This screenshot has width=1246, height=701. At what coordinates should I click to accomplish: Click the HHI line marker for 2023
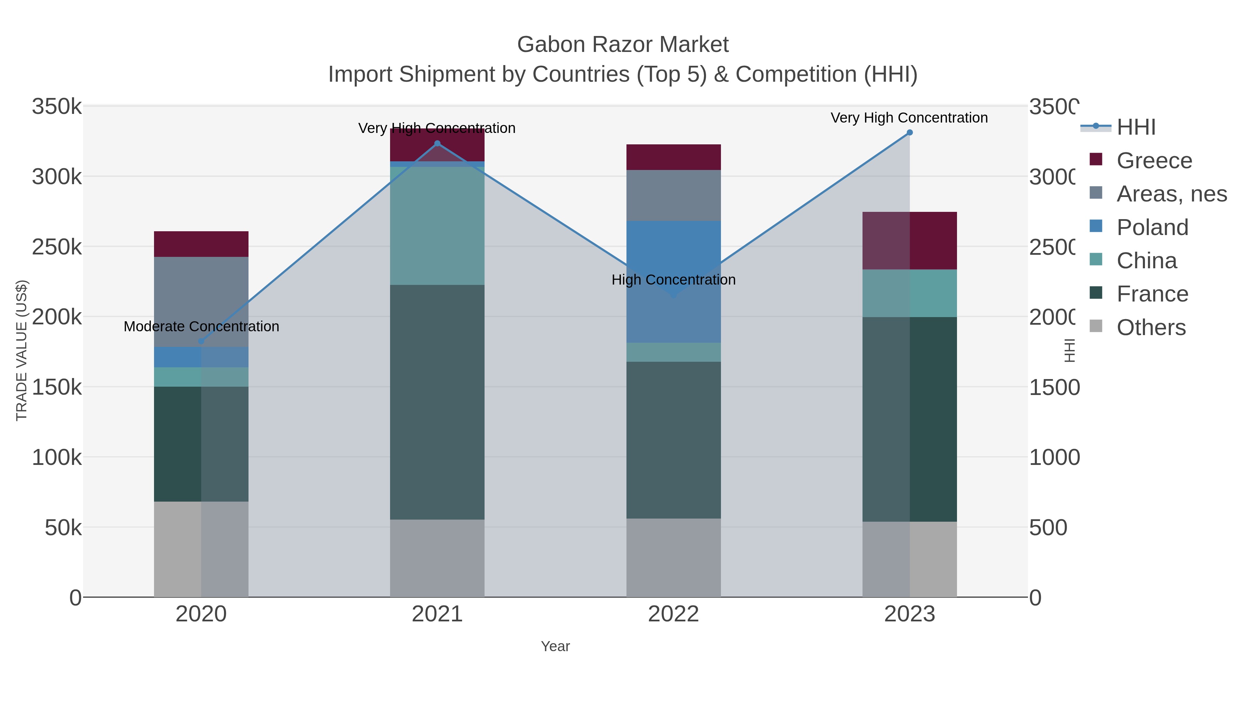(909, 133)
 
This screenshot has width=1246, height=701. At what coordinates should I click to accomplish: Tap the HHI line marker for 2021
(437, 143)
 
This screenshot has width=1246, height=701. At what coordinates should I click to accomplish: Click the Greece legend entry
(1154, 161)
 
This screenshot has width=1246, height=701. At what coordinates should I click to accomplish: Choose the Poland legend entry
(1152, 227)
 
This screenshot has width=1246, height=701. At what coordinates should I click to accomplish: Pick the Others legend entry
(1151, 327)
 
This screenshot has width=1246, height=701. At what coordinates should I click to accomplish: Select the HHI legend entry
(1136, 127)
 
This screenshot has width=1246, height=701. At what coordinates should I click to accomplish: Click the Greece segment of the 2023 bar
(909, 241)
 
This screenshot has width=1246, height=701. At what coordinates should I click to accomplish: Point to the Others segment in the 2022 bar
(673, 557)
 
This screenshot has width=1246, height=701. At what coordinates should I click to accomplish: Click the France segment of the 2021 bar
(437, 402)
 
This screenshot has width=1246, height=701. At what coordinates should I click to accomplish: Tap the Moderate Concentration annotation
(201, 326)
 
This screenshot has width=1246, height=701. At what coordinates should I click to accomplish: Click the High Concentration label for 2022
(673, 280)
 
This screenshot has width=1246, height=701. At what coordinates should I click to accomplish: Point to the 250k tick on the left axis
(57, 247)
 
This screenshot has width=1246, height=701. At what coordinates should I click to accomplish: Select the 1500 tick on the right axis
(1054, 387)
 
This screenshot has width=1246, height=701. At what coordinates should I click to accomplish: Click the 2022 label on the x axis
(673, 614)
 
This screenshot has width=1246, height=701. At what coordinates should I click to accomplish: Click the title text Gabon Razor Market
(623, 45)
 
